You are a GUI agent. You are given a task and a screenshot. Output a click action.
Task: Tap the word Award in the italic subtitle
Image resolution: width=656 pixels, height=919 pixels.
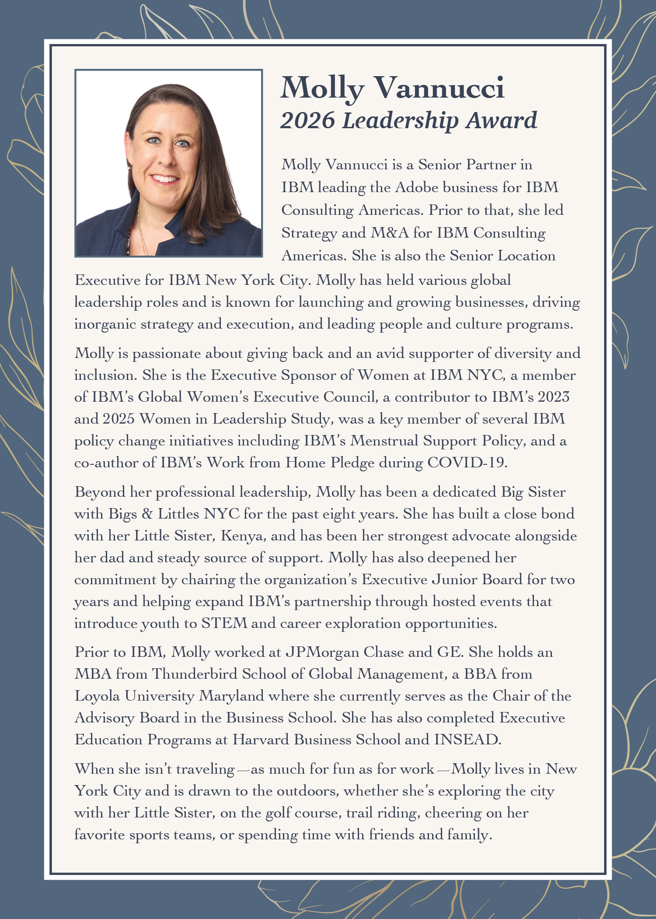(501, 120)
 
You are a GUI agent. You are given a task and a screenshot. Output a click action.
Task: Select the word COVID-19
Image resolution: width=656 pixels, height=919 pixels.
(467, 463)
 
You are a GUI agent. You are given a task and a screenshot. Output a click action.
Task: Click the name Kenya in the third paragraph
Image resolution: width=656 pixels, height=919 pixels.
(243, 536)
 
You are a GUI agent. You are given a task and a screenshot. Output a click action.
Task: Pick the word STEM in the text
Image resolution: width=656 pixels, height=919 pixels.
(224, 623)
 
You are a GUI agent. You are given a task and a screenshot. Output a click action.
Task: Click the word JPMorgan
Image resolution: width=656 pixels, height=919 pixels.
(322, 652)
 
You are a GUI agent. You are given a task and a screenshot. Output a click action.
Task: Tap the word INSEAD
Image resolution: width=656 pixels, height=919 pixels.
(467, 740)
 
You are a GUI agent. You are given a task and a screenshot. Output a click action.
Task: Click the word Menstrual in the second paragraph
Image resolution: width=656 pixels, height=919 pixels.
(384, 441)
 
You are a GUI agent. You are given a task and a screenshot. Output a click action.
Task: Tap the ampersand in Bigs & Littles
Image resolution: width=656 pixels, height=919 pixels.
(147, 514)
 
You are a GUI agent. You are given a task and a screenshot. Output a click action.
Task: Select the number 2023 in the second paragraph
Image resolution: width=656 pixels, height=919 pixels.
(553, 397)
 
